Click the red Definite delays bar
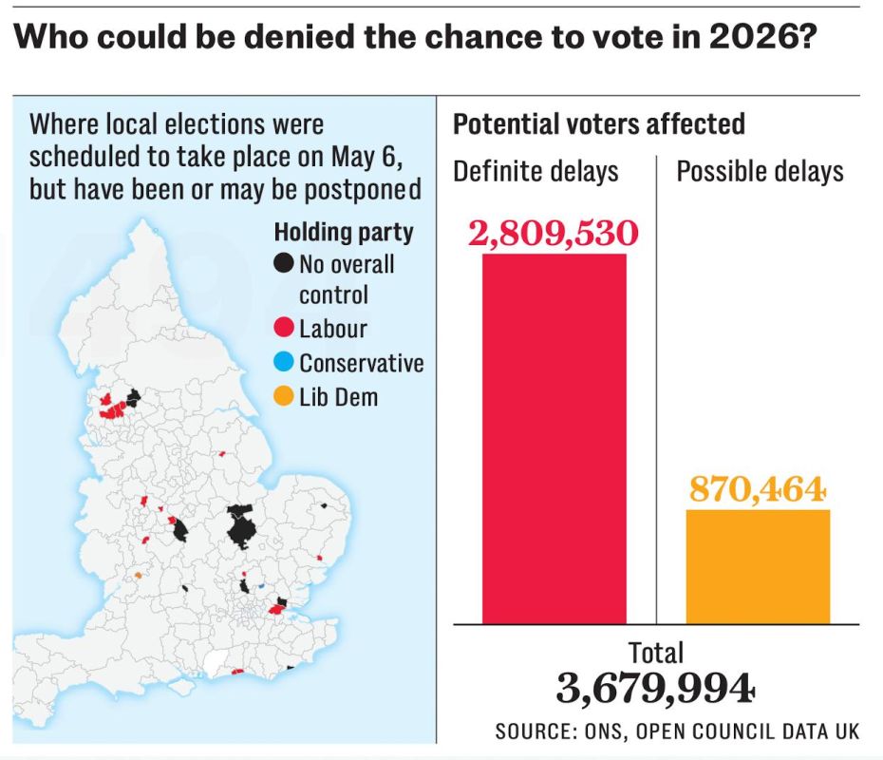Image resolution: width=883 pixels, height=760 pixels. click(554, 438)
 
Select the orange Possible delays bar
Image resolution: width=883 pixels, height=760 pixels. click(758, 566)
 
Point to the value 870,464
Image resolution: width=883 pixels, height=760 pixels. click(757, 489)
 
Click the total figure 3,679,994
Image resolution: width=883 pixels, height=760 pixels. click(655, 689)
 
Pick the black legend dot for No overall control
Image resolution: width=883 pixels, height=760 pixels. click(283, 263)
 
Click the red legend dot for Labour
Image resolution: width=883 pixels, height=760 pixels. click(283, 329)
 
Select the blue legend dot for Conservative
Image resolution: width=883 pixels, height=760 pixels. click(283, 363)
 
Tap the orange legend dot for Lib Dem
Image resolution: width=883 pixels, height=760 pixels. click(283, 396)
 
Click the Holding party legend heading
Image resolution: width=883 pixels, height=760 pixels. click(344, 232)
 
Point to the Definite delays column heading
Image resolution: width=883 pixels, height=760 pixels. click(535, 171)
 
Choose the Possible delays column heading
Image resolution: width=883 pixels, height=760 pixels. click(760, 171)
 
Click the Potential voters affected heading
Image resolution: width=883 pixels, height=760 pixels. click(599, 124)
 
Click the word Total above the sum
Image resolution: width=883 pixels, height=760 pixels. click(656, 653)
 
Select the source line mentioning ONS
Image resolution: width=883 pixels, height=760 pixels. click(677, 731)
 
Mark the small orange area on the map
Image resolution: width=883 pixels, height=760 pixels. click(138, 575)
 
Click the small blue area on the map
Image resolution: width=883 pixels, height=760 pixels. click(260, 586)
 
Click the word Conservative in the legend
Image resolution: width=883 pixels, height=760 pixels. click(361, 363)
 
